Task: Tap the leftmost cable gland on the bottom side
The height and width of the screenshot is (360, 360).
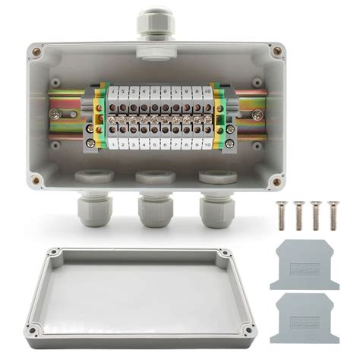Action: tap(94, 206)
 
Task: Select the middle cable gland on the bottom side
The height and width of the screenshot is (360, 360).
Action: tap(154, 207)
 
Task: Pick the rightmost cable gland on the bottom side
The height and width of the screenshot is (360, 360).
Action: tap(216, 206)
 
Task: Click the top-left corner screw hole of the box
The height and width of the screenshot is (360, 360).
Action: tap(36, 52)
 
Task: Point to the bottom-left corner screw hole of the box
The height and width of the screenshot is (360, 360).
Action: tap(36, 182)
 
